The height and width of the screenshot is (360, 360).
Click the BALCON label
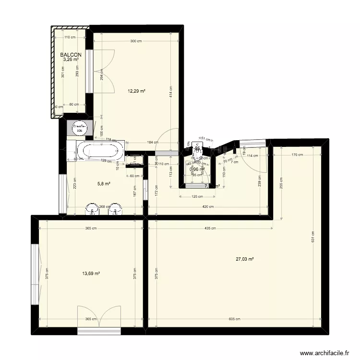pyautogui.click(x=71, y=55)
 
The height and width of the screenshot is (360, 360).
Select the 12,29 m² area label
pyautogui.click(x=136, y=91)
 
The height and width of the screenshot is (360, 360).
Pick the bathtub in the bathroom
pyautogui.click(x=101, y=151)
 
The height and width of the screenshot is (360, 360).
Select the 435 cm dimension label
pyautogui.click(x=210, y=228)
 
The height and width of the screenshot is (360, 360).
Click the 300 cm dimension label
pyautogui.click(x=136, y=41)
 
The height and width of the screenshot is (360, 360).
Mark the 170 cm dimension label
pyautogui.click(x=297, y=155)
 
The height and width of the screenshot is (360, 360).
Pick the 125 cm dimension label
pyautogui.click(x=195, y=196)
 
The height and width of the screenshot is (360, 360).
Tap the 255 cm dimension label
pyautogui.click(x=281, y=183)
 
